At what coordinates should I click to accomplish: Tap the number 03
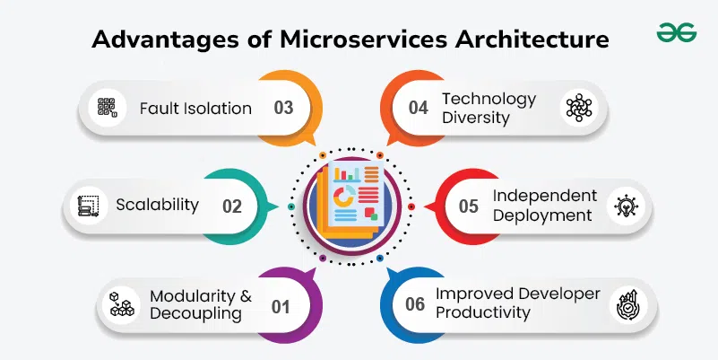(283, 109)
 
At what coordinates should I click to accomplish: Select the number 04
(419, 109)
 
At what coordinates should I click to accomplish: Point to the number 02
(232, 206)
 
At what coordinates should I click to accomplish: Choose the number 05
(469, 206)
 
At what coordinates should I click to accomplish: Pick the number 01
(281, 306)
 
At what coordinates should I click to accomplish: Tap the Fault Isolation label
(195, 109)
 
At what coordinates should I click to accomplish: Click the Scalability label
(157, 205)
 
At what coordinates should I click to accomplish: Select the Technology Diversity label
(489, 108)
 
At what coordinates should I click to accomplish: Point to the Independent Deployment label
(544, 206)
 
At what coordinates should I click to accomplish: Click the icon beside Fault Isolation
(108, 109)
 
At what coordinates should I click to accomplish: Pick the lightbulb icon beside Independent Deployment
(625, 206)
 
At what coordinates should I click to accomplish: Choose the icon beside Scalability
(87, 206)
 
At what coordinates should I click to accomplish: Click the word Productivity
(483, 312)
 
